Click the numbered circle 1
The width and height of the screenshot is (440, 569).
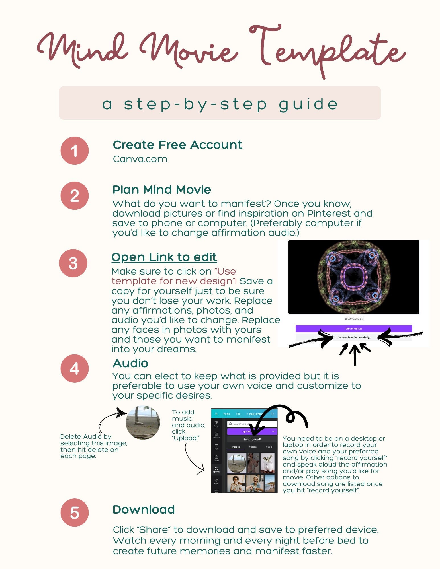click(74, 151)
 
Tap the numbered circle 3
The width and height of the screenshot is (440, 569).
click(73, 263)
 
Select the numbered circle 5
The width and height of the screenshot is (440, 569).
click(74, 512)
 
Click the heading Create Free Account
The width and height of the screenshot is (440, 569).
click(177, 145)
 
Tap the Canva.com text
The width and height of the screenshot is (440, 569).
click(140, 159)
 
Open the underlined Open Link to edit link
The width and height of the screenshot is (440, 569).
click(164, 257)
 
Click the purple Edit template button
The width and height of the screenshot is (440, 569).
click(353, 329)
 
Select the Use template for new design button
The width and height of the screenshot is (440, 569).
click(353, 337)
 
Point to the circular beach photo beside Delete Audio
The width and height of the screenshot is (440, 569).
click(143, 422)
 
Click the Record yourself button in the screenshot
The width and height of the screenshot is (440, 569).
click(252, 439)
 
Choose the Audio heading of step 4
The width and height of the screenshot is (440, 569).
click(130, 363)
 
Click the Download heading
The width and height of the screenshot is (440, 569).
click(144, 510)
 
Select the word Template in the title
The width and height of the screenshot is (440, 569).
click(328, 50)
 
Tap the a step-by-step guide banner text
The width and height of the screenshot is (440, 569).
click(220, 104)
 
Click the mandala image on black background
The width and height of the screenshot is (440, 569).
click(353, 277)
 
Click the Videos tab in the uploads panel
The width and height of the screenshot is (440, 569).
click(253, 447)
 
